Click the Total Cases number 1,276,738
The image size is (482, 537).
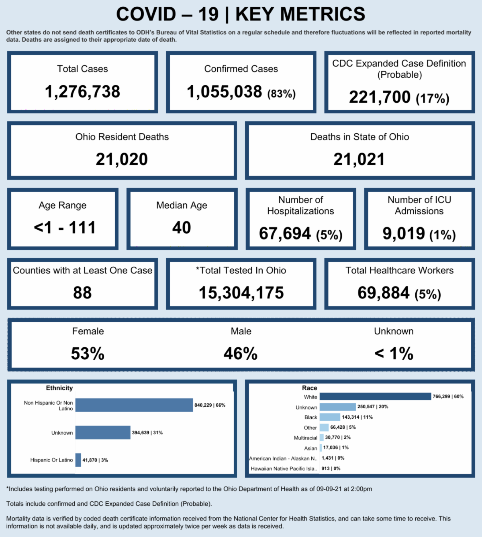tap(82, 92)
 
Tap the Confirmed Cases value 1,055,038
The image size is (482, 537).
tap(225, 92)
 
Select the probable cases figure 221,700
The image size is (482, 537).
tap(380, 97)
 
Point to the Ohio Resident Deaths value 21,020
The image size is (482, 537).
tap(122, 160)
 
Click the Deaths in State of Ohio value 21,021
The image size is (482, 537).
tap(359, 160)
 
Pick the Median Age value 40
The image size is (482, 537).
tap(182, 228)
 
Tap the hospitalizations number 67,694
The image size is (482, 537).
tap(285, 233)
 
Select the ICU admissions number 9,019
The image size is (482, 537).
tap(404, 233)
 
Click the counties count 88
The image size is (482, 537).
tap(82, 293)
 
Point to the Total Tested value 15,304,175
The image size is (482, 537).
tap(241, 293)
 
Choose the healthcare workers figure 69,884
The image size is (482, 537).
tap(384, 293)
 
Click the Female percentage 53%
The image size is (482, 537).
tap(88, 354)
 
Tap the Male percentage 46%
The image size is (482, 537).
tap(241, 354)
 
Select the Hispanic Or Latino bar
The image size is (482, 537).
tap(78, 460)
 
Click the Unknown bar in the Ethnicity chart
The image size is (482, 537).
tap(103, 433)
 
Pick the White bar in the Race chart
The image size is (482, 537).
tap(375, 397)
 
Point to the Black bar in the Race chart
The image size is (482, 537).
tap(330, 417)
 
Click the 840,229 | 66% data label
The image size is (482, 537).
tap(210, 405)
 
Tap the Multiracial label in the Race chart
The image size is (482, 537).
tap(305, 438)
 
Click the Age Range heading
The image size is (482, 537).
tap(63, 205)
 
